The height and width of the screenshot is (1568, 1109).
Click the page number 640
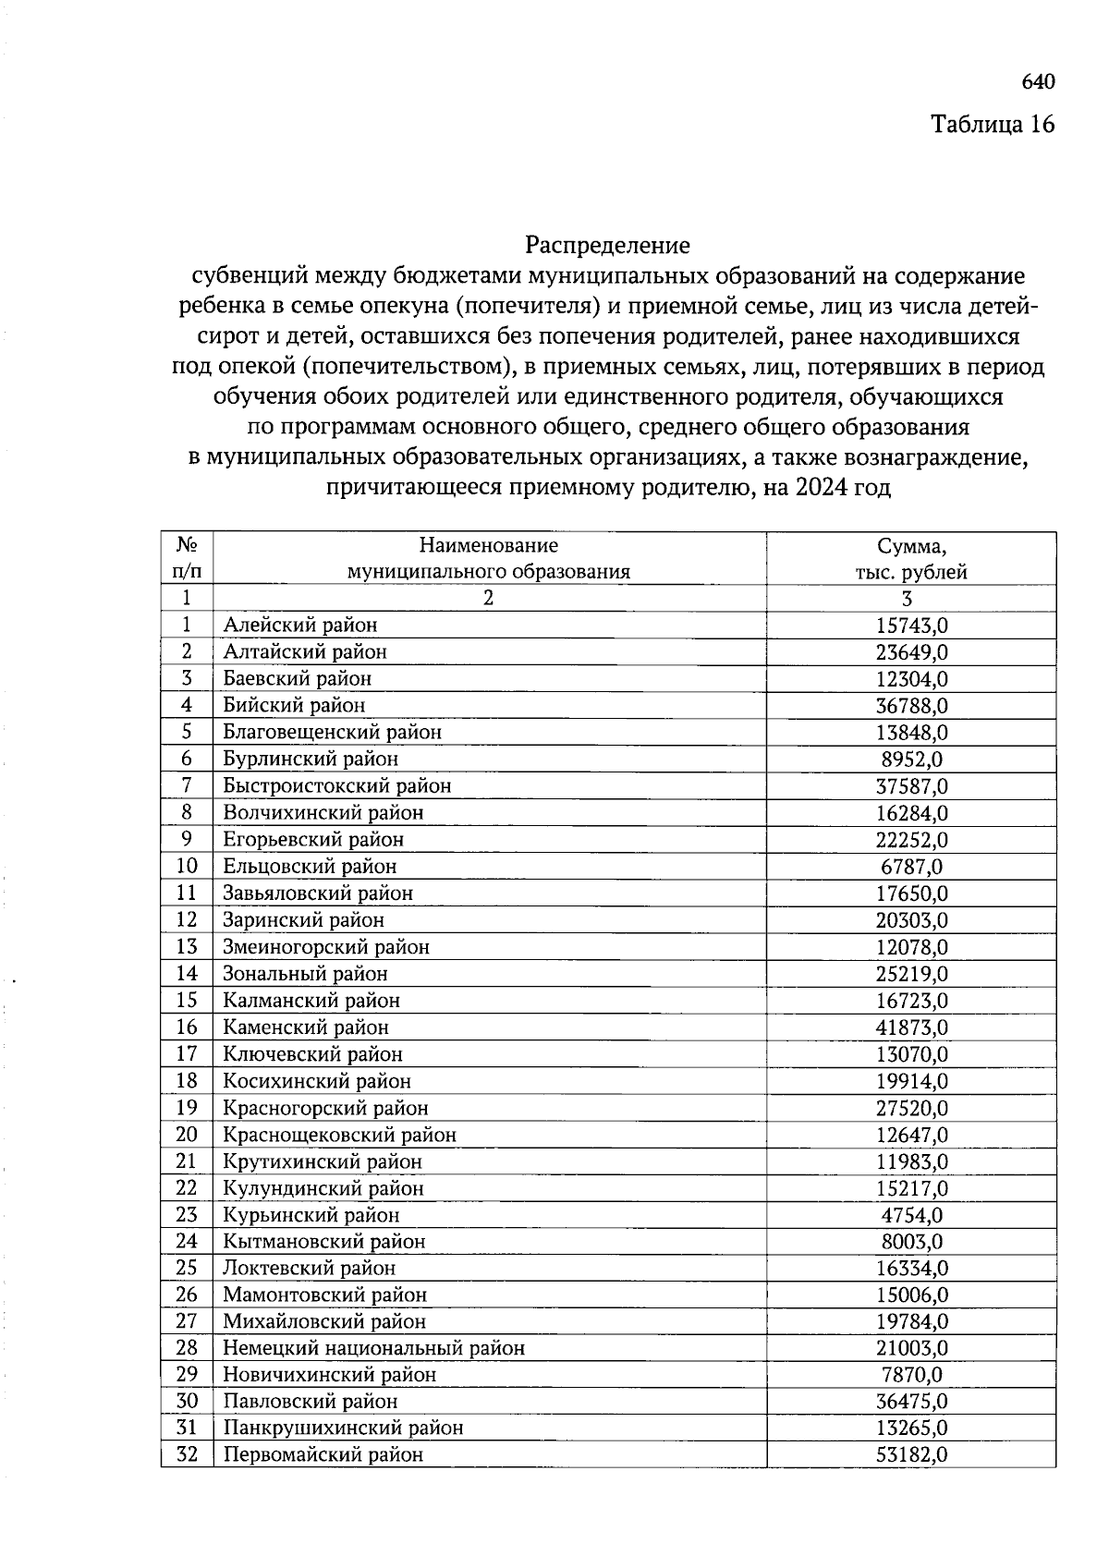tap(1038, 82)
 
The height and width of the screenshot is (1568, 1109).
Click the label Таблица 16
tap(992, 125)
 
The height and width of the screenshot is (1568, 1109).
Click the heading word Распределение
tap(607, 246)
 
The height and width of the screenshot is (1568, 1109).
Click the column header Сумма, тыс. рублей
tap(911, 558)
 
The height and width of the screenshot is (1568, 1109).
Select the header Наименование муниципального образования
tap(488, 558)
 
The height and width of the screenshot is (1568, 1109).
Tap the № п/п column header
tap(187, 558)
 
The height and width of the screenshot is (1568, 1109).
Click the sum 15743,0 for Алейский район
tap(911, 626)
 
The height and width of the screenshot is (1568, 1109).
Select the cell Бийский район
tap(294, 706)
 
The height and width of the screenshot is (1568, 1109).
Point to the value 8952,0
tap(911, 760)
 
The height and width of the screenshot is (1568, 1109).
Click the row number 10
tap(187, 867)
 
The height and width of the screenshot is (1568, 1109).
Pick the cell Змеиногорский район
tap(326, 947)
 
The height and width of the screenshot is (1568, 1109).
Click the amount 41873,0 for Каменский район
tap(911, 1027)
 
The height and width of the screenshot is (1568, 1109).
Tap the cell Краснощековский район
tap(339, 1135)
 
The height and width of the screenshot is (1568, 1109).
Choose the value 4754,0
tap(911, 1215)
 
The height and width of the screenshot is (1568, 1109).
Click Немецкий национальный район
tap(373, 1348)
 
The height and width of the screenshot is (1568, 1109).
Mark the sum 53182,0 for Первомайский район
tap(911, 1455)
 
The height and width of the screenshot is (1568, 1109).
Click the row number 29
tap(187, 1375)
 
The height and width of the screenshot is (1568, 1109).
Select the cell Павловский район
tap(310, 1402)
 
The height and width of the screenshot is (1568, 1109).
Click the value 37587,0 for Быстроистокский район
tap(911, 786)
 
